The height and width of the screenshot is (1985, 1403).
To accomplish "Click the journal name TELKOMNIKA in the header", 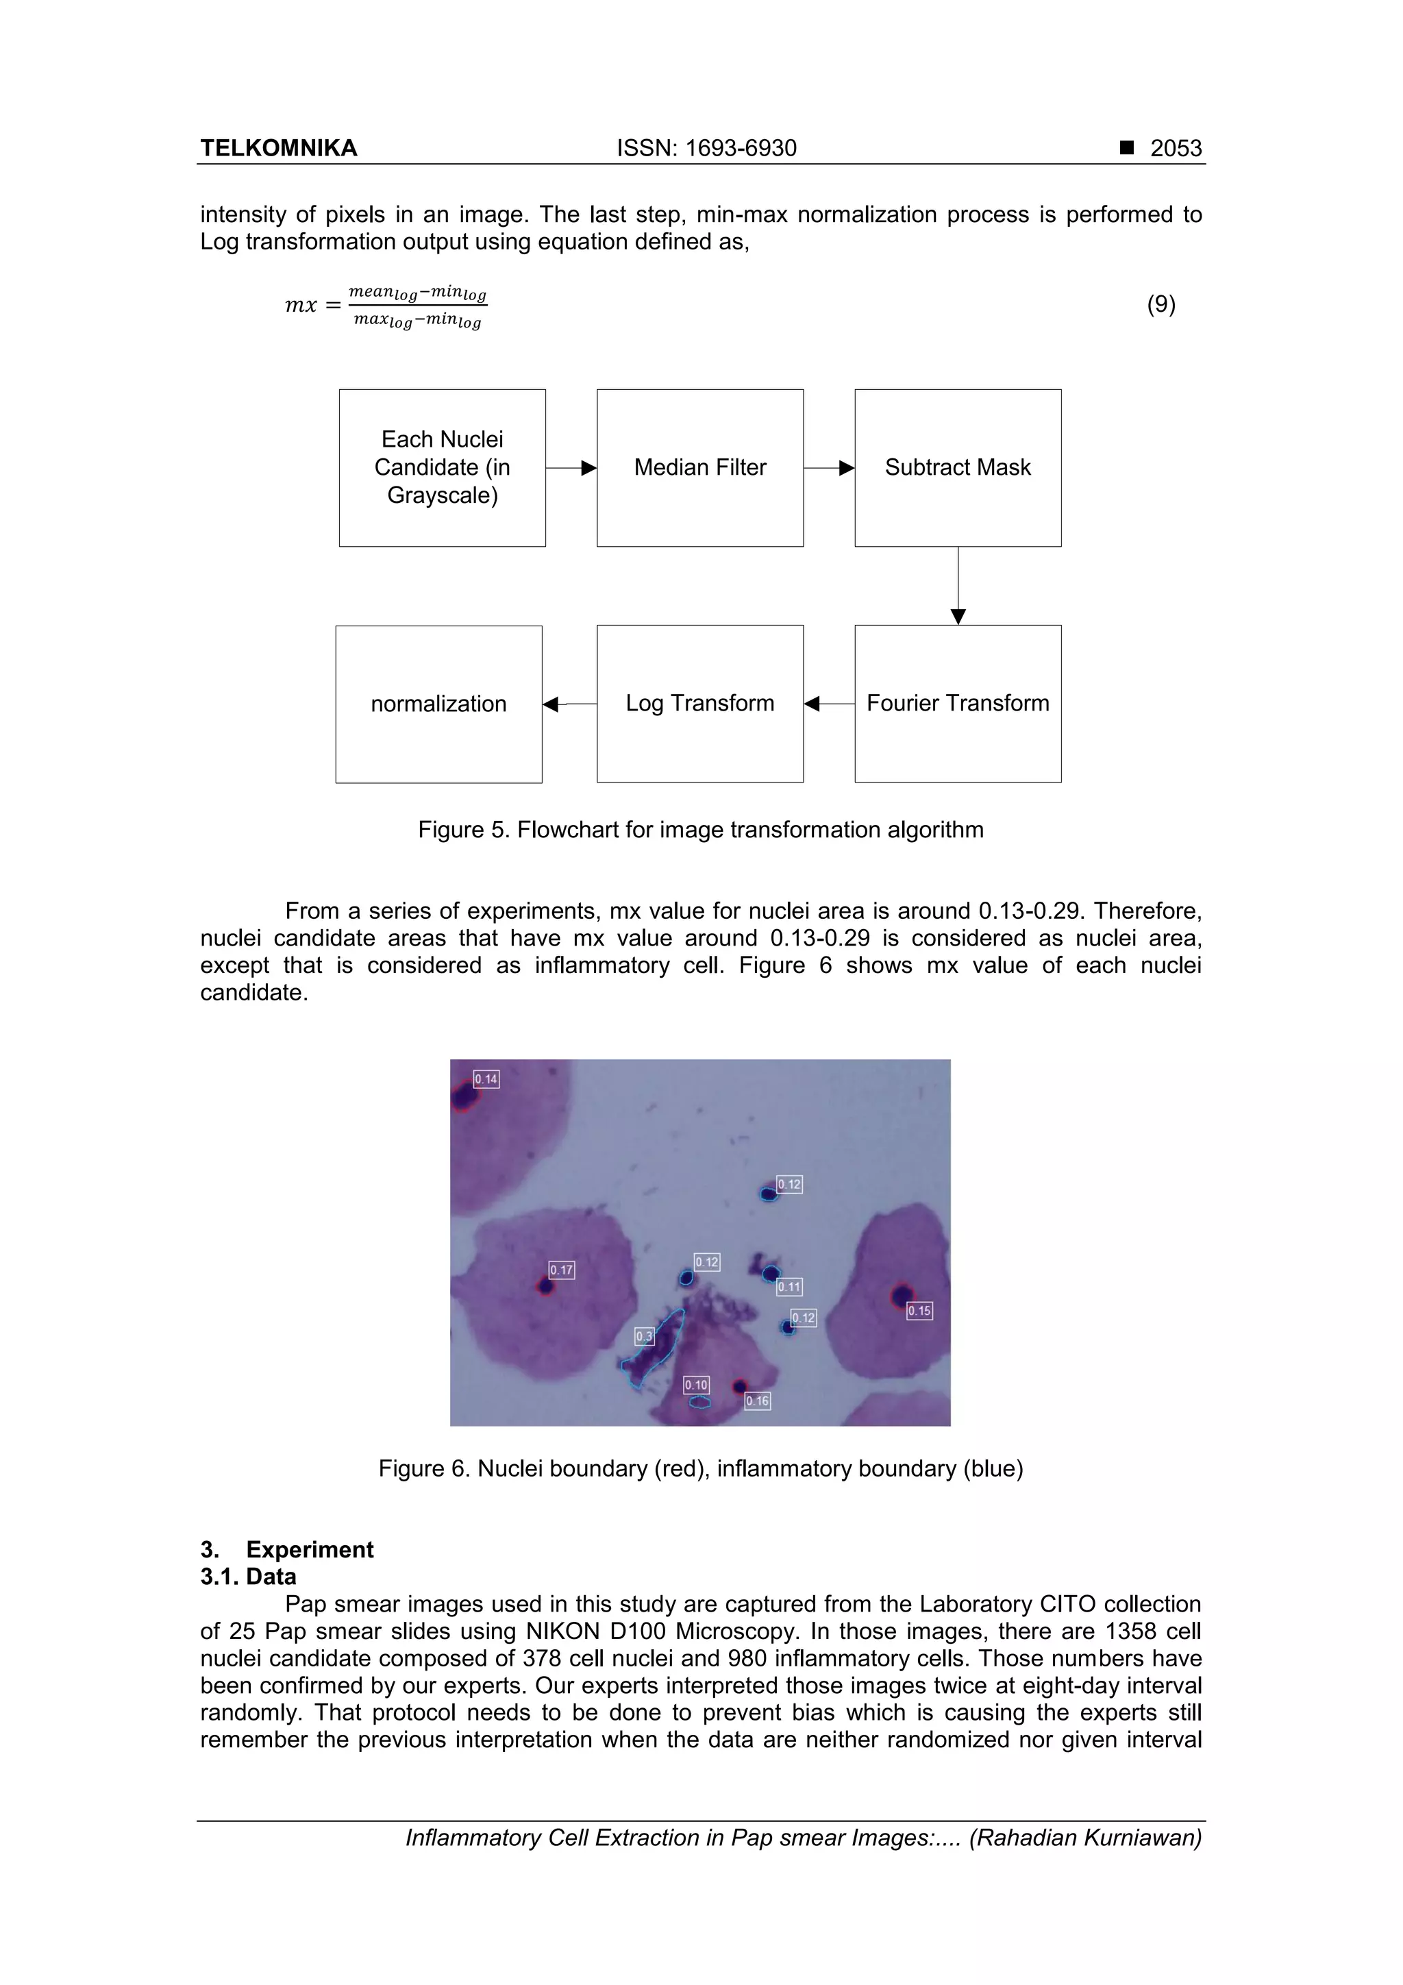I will click(278, 148).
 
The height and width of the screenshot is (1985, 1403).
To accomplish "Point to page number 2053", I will click(1176, 148).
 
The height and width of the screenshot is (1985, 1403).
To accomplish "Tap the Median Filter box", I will click(699, 468).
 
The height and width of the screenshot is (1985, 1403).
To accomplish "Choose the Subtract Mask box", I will click(957, 468).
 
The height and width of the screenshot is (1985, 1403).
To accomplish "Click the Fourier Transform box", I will click(957, 703).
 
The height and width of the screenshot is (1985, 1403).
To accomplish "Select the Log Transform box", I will click(699, 703).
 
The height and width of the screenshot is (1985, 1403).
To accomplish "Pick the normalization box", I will click(438, 704).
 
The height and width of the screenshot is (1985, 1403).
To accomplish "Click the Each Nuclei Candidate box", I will click(442, 468).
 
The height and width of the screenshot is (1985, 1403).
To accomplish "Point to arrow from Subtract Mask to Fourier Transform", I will click(958, 586).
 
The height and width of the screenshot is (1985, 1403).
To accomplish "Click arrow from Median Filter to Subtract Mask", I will click(829, 468).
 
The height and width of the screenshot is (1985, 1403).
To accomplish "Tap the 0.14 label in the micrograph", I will click(486, 1079).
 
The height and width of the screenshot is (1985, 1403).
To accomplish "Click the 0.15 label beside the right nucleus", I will click(919, 1311).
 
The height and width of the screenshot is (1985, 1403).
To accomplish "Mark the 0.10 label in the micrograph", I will click(696, 1385).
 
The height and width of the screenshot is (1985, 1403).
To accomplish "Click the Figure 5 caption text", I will click(700, 830).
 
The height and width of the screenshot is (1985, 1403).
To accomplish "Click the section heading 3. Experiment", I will click(287, 1549).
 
